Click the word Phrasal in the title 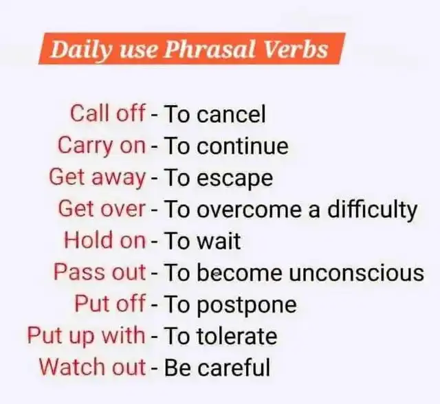coord(209,49)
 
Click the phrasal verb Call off coord(108,113)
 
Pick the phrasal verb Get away coord(98,178)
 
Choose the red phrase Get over coord(102,209)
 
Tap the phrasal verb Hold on coord(105,240)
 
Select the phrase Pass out coord(100,271)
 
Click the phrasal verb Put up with coord(86,335)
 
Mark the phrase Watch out coord(92,367)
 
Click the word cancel coord(231,114)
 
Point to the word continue coord(243,146)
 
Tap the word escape coord(235,179)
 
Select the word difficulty coord(373,210)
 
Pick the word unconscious coord(356,273)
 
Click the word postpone coord(247,306)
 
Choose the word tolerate coord(237,336)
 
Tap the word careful coord(234,367)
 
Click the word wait coord(219,240)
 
